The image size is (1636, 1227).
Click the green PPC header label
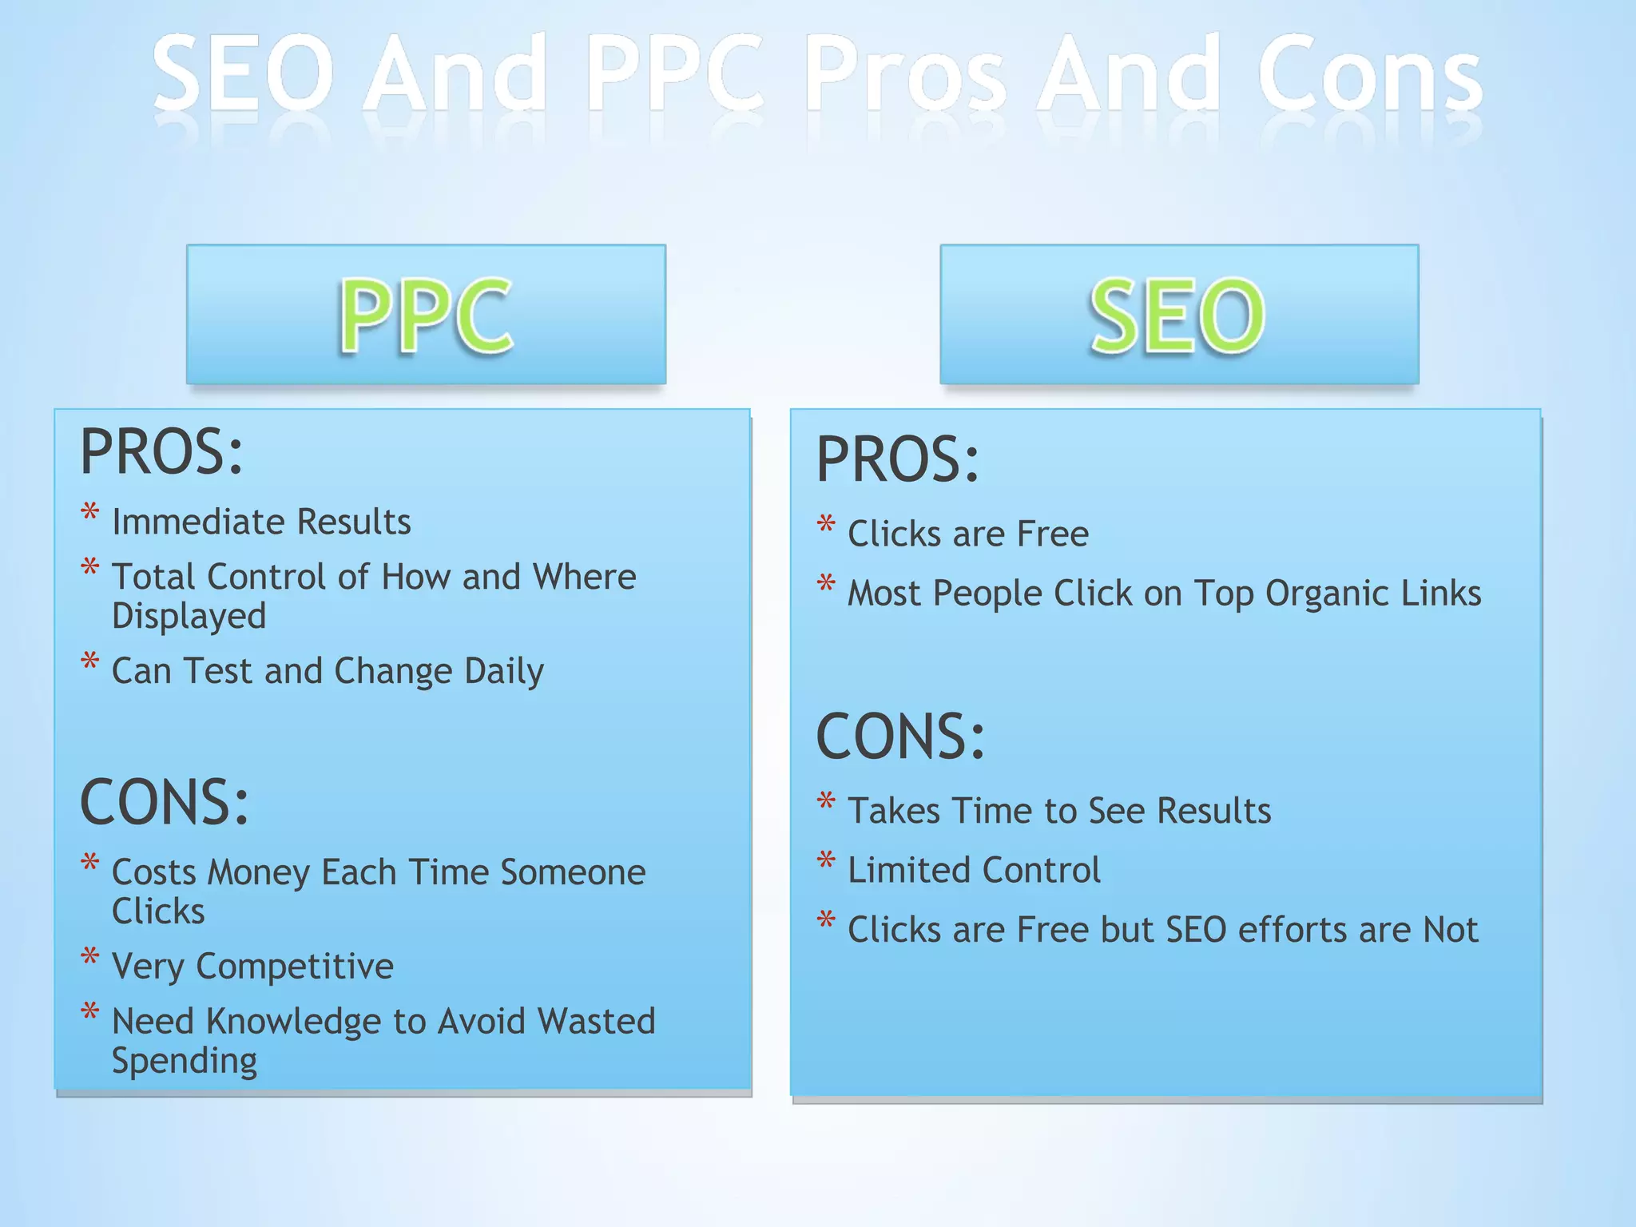[426, 315]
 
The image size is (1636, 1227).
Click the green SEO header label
[1178, 315]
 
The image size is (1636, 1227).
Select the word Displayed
[189, 616]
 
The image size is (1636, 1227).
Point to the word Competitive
[295, 967]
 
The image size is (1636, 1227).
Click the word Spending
[185, 1061]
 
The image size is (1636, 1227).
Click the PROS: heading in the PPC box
[161, 452]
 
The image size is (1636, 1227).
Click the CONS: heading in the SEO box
[900, 736]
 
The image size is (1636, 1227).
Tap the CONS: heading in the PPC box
[165, 802]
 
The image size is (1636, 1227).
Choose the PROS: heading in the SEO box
[897, 460]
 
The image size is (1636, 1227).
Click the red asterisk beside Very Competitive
[90, 957]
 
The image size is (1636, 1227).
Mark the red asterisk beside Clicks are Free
[827, 525]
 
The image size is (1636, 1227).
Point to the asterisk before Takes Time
[827, 801]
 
